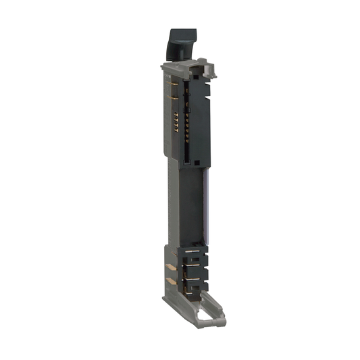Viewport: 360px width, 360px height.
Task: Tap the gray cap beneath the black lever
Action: tap(177, 68)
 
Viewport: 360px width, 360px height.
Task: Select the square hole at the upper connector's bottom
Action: tap(194, 156)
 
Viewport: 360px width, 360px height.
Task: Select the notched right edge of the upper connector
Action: tap(209, 115)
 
